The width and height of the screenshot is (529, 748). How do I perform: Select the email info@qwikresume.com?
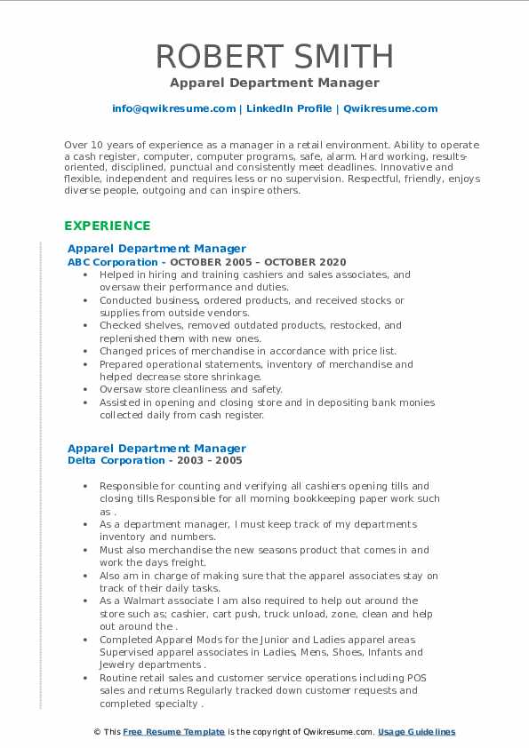click(173, 108)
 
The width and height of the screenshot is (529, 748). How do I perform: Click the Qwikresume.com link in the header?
click(390, 108)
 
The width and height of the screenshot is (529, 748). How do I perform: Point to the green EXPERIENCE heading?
click(108, 226)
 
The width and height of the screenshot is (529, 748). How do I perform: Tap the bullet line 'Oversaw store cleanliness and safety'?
click(190, 389)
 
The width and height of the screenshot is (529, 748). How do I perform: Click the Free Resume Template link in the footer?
click(173, 732)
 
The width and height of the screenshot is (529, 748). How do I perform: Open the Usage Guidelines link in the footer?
click(416, 732)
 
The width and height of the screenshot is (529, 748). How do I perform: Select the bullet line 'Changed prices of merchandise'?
click(248, 351)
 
